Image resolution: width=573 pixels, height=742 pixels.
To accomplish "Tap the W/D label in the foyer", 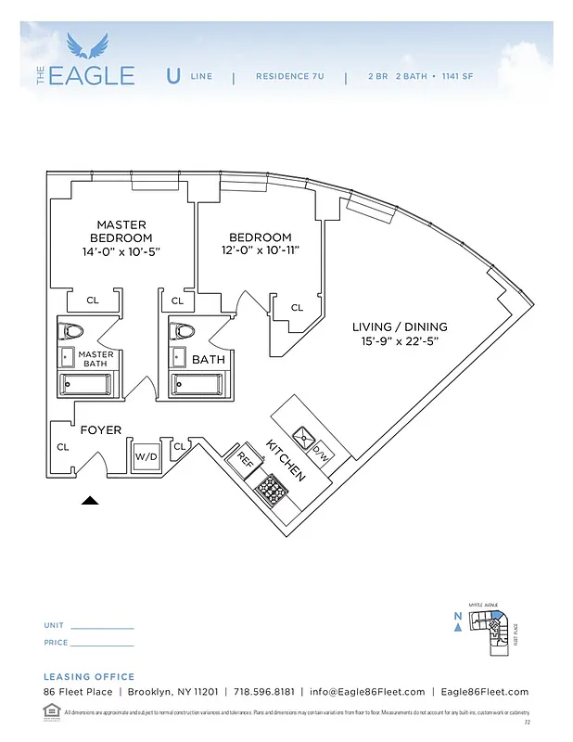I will (146, 456).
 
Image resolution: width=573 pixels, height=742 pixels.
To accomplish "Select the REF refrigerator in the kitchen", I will (245, 458).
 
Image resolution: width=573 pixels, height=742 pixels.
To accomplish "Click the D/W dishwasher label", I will (320, 454).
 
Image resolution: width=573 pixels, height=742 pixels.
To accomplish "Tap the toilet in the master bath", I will (71, 330).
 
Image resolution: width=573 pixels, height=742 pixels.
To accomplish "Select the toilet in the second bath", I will (185, 331).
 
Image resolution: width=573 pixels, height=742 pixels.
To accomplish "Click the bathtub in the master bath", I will (90, 383).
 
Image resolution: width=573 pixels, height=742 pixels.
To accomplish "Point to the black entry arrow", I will (90, 500).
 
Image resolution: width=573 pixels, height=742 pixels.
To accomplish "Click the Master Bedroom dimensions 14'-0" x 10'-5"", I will (121, 252).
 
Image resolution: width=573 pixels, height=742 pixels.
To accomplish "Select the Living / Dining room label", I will (400, 326).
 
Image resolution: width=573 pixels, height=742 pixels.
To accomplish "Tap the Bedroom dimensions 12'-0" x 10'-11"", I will (260, 250).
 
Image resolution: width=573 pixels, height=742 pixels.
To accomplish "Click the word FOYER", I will (101, 430).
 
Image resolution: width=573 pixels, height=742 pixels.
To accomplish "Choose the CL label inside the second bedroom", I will (297, 307).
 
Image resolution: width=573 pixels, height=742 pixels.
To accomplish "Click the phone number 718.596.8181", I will (264, 692).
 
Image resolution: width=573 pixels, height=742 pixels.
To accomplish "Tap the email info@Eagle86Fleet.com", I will (367, 692).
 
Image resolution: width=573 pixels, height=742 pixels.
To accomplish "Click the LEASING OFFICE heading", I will (89, 677).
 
